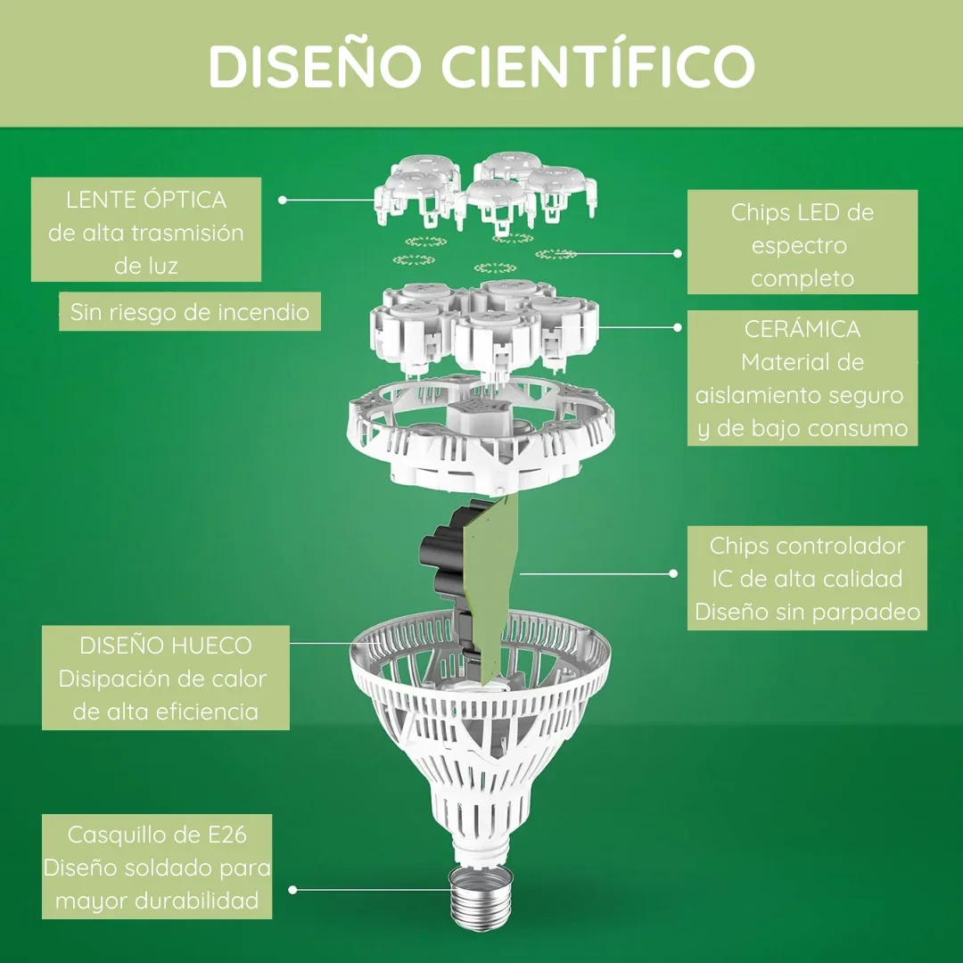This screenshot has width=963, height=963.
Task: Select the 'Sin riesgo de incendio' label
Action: (190, 312)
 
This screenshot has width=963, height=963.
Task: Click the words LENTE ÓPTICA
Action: (146, 200)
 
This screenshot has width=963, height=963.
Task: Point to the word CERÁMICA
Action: (802, 328)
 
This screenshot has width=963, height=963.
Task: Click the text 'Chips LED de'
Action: (802, 212)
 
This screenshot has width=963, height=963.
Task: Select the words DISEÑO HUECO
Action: (166, 645)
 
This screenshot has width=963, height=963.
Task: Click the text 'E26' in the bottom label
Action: (227, 835)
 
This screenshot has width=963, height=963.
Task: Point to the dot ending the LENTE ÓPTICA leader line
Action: (283, 200)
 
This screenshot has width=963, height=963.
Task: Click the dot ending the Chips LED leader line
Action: (678, 253)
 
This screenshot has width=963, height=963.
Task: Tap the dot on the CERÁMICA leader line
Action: (678, 327)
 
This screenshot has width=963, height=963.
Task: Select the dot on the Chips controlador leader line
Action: (673, 573)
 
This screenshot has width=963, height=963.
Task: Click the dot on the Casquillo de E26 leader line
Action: (293, 889)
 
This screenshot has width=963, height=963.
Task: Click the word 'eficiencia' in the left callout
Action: (208, 712)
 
